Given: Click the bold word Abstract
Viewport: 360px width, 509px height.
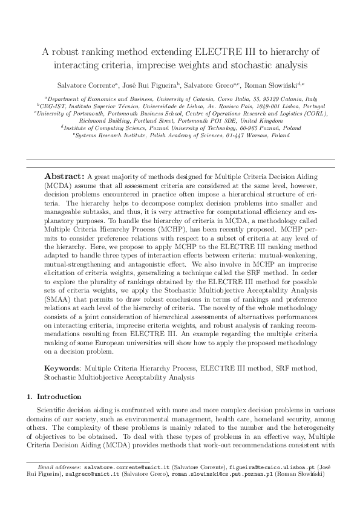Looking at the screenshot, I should coord(65,176).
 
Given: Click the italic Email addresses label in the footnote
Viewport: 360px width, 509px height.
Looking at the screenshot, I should coord(59,468).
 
